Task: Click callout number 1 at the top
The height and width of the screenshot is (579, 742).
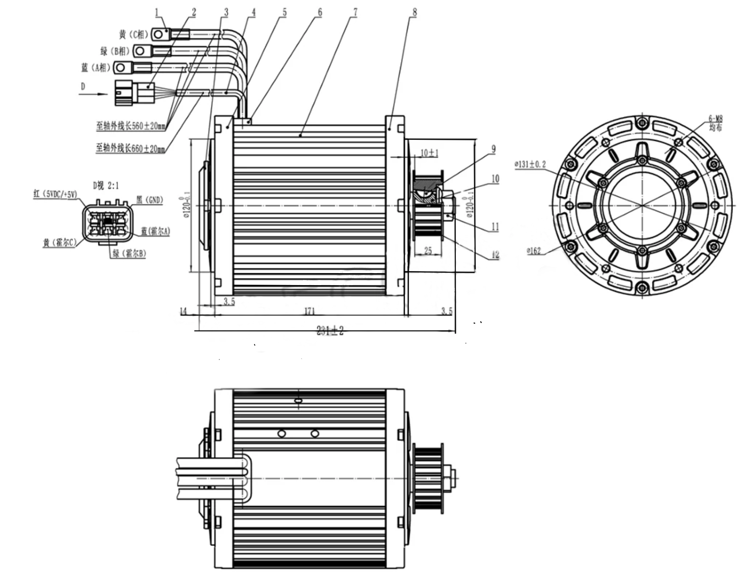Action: pyautogui.click(x=156, y=12)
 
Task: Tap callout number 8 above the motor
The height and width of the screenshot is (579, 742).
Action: pyautogui.click(x=414, y=12)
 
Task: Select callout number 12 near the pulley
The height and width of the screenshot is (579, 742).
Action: pyautogui.click(x=495, y=255)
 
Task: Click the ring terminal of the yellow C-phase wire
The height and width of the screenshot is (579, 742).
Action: pyautogui.click(x=158, y=35)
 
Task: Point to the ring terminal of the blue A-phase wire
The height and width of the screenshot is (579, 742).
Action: pyautogui.click(x=121, y=68)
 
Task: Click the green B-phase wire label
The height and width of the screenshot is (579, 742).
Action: pyautogui.click(x=115, y=51)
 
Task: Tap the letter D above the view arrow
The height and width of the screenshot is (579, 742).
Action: pyautogui.click(x=83, y=86)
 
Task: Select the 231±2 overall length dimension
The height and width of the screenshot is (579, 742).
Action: pyautogui.click(x=330, y=330)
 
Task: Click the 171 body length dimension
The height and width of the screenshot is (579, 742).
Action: pyautogui.click(x=310, y=311)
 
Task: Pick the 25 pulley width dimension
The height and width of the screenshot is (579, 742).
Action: pyautogui.click(x=428, y=250)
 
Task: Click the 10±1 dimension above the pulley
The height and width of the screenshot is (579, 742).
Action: pyautogui.click(x=429, y=153)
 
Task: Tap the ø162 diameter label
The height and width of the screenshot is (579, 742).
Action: pyautogui.click(x=533, y=250)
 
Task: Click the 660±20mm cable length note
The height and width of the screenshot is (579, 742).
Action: pyautogui.click(x=131, y=148)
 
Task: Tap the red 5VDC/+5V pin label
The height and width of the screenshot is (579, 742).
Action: pyautogui.click(x=55, y=194)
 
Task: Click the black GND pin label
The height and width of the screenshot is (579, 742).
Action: pyautogui.click(x=150, y=200)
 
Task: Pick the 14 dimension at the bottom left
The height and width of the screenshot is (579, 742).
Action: pyautogui.click(x=183, y=311)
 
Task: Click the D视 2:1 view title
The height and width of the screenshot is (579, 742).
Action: pyautogui.click(x=106, y=185)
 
